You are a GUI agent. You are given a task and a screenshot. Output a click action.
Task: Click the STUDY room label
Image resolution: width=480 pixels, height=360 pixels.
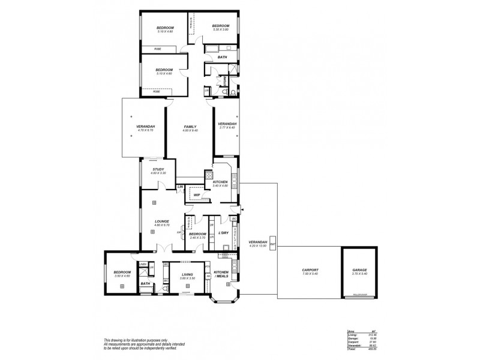[158, 169]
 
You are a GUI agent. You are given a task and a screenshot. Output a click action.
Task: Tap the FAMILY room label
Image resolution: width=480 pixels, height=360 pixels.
[191, 127]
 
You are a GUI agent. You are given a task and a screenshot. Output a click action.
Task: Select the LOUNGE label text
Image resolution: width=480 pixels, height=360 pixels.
[162, 221]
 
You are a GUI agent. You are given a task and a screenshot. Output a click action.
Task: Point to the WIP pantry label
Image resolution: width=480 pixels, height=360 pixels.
[197, 195]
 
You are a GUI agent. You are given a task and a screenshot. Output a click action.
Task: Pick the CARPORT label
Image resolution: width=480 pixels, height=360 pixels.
[310, 270]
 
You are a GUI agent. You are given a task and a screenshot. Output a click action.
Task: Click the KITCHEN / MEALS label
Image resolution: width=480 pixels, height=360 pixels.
[222, 274]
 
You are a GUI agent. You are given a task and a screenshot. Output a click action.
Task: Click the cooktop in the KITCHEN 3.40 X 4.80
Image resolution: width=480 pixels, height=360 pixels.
[209, 176]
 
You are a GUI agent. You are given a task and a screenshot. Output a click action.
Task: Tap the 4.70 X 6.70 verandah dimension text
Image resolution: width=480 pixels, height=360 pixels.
[146, 130]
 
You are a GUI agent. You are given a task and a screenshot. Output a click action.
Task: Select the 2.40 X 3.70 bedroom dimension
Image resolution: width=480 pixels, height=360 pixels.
[198, 238]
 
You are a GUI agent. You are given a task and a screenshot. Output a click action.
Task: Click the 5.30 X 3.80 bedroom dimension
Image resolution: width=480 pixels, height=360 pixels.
[220, 29]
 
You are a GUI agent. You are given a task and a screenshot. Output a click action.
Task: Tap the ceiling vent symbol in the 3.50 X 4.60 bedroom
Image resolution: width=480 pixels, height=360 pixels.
[122, 287]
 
